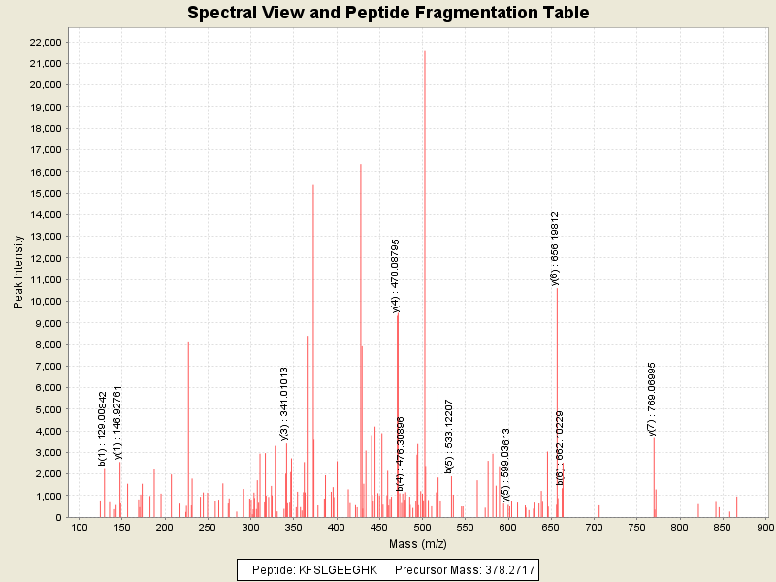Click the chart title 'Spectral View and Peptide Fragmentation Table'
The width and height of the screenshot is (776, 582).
388,13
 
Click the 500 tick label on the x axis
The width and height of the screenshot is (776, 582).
422,527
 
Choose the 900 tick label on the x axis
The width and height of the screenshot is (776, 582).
765,527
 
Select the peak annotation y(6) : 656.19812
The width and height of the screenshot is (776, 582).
555,248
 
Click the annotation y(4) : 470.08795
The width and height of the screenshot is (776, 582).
396,275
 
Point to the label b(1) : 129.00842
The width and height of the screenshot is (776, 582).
103,428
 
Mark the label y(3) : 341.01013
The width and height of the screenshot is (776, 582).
284,404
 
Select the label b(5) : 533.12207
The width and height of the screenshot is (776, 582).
449,436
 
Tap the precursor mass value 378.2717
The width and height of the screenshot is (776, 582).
503,569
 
